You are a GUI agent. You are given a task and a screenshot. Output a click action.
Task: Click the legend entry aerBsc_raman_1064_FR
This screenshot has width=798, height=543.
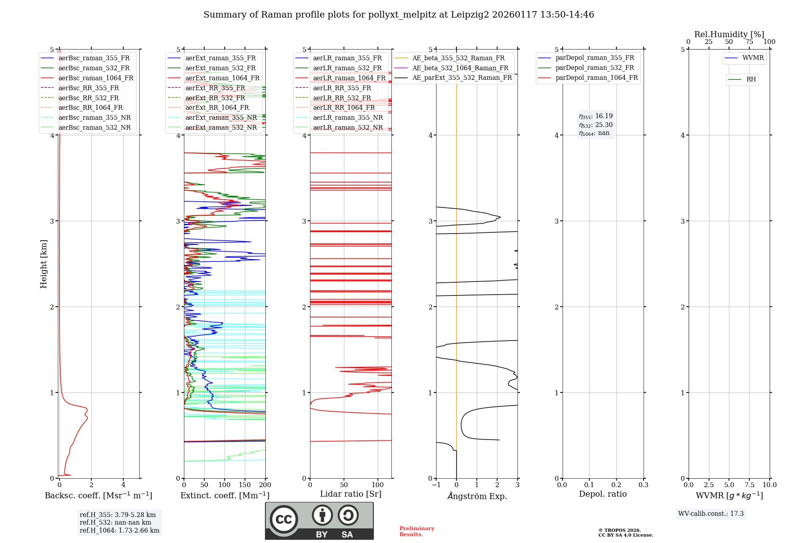(96, 78)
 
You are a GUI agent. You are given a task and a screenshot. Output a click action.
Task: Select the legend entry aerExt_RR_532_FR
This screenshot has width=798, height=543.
(215, 98)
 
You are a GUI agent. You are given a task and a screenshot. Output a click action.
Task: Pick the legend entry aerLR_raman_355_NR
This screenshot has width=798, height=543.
(348, 117)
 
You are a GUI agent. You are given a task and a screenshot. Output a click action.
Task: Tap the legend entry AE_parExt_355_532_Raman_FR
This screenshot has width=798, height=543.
(462, 78)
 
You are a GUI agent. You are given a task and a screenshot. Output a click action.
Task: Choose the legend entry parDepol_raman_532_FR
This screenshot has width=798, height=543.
(595, 68)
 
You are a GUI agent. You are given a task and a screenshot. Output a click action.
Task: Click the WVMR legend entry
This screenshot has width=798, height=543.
(753, 58)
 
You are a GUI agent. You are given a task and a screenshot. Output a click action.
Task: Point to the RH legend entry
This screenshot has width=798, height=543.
(751, 79)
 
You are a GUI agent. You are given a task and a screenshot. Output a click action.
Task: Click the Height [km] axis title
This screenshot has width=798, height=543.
(43, 264)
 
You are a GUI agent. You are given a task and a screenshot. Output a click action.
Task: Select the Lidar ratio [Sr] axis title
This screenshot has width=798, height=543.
(351, 494)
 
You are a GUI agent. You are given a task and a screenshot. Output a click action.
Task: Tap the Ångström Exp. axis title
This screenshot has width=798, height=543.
(477, 496)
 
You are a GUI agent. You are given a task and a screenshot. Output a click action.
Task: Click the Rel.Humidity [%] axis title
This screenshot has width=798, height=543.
(729, 34)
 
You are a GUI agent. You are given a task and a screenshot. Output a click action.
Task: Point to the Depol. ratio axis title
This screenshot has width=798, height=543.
(602, 494)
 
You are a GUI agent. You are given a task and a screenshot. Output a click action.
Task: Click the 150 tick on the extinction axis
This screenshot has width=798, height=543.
(245, 485)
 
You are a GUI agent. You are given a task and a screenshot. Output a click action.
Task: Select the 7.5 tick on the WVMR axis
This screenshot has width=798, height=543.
(749, 485)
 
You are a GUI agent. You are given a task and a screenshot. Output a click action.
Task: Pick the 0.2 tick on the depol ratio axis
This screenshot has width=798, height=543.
(616, 485)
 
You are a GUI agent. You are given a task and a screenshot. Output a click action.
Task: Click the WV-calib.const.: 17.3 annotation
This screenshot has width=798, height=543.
(711, 514)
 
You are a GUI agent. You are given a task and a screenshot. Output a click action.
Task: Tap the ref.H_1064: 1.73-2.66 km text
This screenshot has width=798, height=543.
(119, 531)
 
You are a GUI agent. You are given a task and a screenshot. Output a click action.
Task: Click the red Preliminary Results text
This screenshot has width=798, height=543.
(417, 531)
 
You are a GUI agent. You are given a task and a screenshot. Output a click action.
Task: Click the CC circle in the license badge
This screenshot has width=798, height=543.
(284, 519)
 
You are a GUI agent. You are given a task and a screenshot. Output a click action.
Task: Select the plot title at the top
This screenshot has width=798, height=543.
(399, 15)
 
